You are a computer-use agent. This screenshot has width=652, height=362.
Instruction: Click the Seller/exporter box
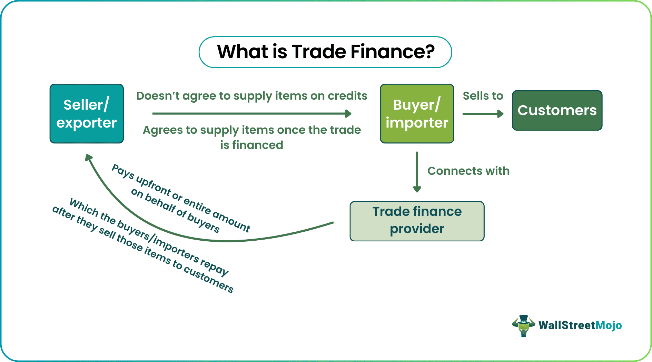87,113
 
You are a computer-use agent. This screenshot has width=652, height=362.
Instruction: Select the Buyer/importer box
417,113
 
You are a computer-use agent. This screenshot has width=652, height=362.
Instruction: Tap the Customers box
557,110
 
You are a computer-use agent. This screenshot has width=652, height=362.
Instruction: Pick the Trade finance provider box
417,221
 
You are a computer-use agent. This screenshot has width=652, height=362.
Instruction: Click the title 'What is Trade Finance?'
325,52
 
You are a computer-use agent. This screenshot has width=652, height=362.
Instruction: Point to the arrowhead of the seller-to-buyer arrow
348,113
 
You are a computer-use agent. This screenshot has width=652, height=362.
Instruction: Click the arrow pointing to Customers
483,114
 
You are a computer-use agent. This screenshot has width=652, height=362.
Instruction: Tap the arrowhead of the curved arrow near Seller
89,158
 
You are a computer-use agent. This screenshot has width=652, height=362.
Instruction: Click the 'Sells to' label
483,96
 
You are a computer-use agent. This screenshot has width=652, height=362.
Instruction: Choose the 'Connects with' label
468,171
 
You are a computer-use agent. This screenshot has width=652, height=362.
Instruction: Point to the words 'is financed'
251,145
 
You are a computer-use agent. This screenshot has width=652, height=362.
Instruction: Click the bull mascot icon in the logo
523,325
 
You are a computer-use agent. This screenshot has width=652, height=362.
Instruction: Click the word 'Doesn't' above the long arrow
158,96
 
